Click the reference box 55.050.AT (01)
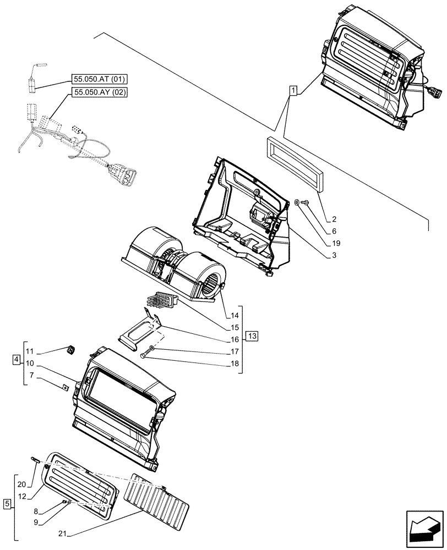99,79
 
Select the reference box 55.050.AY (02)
99,92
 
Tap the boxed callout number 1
293,90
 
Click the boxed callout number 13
252,335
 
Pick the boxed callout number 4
15,360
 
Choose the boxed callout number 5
7,503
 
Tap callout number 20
21,485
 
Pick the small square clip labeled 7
65,387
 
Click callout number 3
334,256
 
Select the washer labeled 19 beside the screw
297,203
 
